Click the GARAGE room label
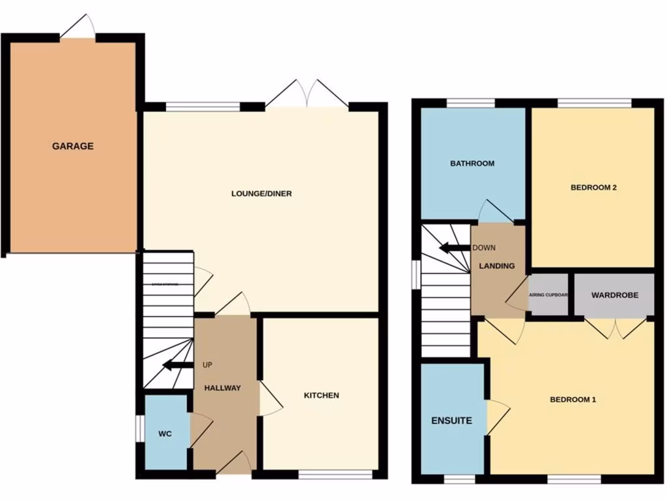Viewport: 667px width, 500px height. (73, 146)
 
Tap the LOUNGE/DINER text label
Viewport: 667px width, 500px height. (261, 193)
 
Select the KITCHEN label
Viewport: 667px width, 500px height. (322, 395)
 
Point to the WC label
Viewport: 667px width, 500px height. (165, 433)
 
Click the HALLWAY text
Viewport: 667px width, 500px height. (223, 388)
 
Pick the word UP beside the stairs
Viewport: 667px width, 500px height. (208, 365)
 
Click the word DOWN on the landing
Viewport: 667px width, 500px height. (484, 248)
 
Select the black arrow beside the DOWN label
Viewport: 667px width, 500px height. (454, 248)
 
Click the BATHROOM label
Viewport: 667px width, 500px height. (472, 163)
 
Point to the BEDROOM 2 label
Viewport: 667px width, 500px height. (593, 187)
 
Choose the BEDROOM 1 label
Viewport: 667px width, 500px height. (573, 400)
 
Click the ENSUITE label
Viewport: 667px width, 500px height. (452, 421)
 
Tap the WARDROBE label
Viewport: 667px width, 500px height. (614, 295)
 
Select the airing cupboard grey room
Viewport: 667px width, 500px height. (548, 296)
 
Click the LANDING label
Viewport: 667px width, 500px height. (497, 266)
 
